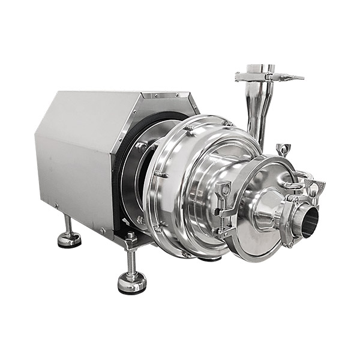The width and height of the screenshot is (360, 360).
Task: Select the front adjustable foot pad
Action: (x=132, y=282)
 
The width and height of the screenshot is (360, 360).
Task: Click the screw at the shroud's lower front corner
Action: (x=103, y=230)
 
